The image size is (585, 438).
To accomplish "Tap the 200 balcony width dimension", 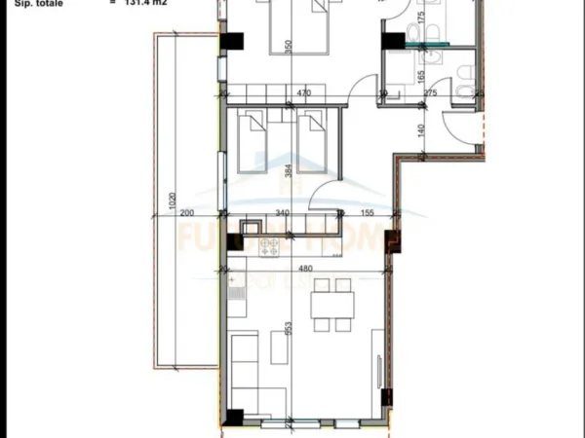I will pos(187,213).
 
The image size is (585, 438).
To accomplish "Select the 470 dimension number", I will pos(303,93).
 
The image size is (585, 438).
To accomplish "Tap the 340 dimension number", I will pos(282,213).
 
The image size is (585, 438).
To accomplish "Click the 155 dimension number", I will pos(370,213).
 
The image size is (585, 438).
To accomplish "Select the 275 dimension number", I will pos(429,93).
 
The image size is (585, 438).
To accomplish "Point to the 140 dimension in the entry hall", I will pos(421,128).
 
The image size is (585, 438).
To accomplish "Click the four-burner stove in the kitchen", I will pos(268,247).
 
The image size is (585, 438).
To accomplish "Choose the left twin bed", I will pos(253,139).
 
